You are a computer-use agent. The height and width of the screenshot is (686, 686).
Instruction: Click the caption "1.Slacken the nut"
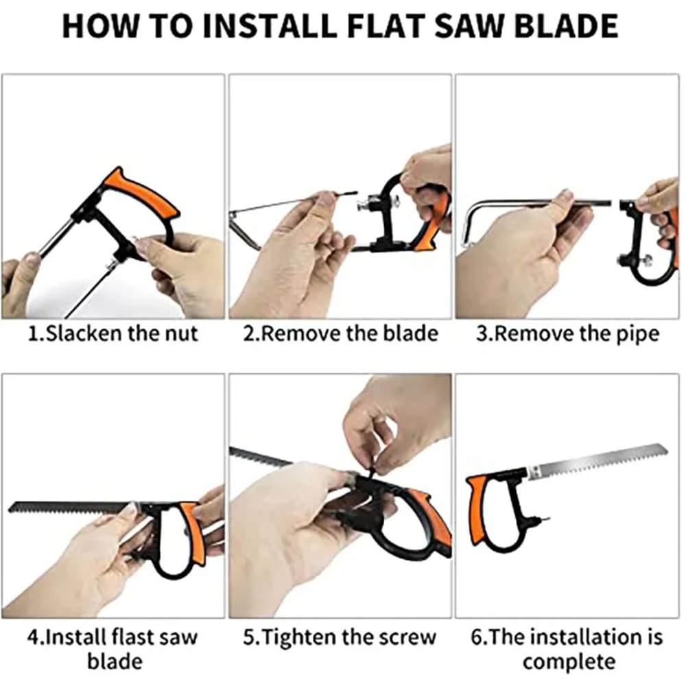pos(113,334)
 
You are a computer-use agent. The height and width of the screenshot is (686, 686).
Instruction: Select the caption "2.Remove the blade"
pos(340,334)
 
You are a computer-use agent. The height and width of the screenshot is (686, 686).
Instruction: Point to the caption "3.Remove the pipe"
pos(567,334)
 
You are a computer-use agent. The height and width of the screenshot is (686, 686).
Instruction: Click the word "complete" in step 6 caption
pos(567,662)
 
